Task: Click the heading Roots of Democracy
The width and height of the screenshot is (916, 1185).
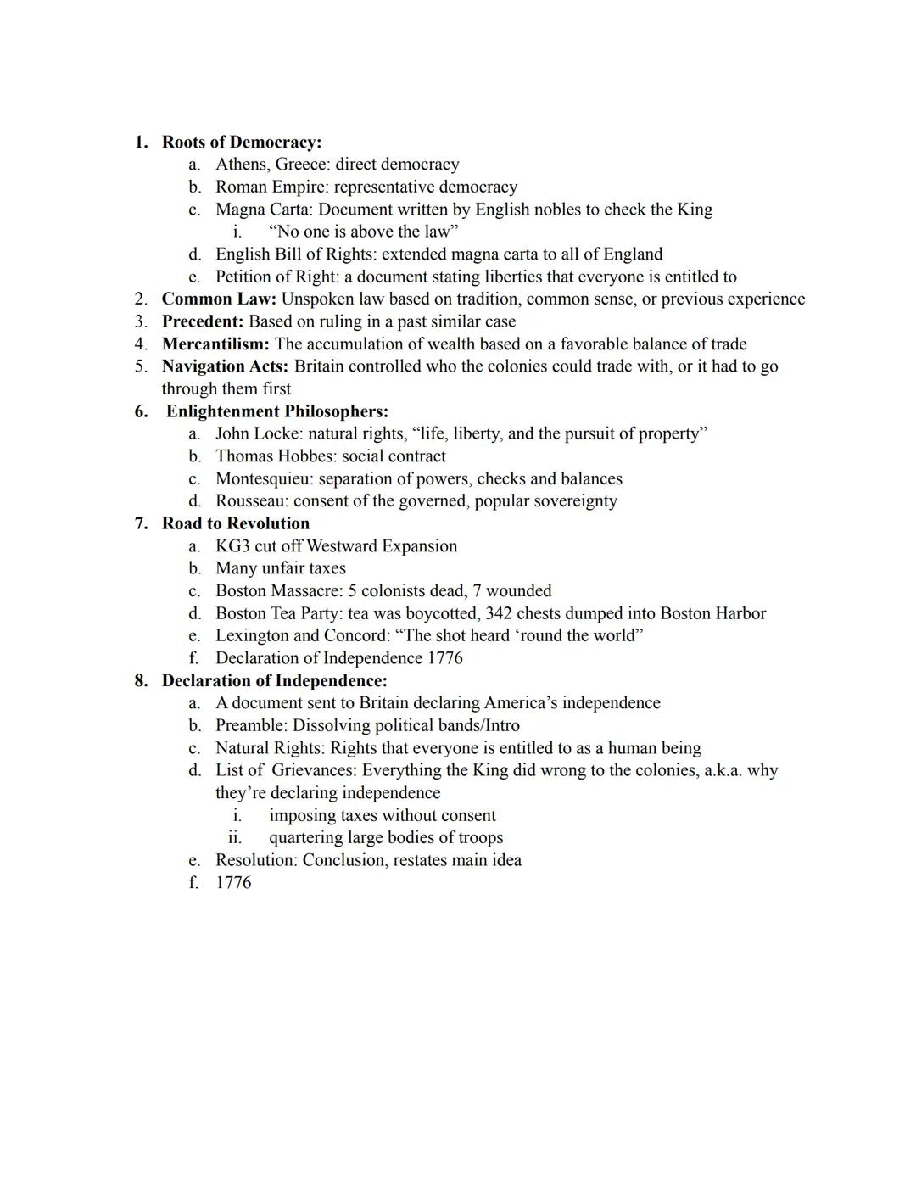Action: [x=241, y=142]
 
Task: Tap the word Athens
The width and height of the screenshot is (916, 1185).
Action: [x=241, y=165]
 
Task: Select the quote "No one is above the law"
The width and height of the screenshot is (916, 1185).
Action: [x=363, y=232]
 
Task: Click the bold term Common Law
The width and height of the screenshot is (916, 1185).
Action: [x=219, y=299]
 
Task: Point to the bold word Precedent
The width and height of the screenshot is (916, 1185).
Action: [x=203, y=321]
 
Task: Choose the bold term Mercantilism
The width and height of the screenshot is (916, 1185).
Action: [x=215, y=344]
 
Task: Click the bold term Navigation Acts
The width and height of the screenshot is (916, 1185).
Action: [x=225, y=366]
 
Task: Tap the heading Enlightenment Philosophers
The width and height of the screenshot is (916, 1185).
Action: [x=277, y=411]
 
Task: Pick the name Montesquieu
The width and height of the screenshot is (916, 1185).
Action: [x=263, y=478]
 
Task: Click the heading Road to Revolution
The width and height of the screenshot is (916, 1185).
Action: [x=236, y=523]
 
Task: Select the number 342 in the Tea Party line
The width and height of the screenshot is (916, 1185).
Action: [x=499, y=613]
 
